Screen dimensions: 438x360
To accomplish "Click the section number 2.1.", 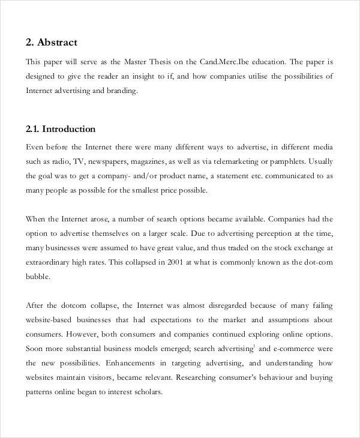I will (34, 129).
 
